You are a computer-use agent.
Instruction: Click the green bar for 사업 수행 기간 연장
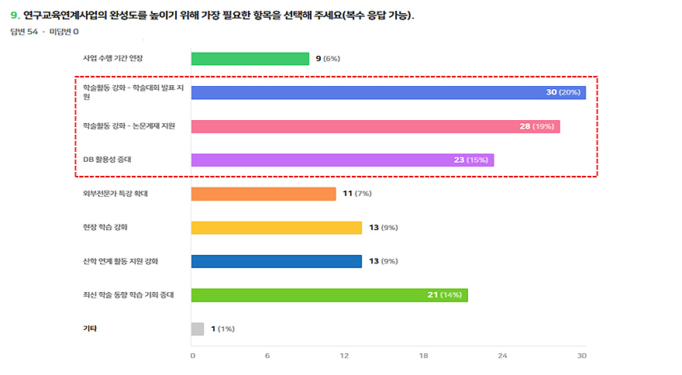tap(250, 59)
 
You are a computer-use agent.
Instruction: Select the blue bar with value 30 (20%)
tap(387, 92)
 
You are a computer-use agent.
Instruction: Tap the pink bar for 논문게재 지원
tap(375, 126)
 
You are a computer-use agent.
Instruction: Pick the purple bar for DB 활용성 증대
tap(342, 160)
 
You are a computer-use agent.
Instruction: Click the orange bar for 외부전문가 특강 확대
tap(263, 194)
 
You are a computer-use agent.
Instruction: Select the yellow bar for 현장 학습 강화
tap(276, 228)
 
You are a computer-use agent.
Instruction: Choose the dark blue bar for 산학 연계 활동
tap(276, 261)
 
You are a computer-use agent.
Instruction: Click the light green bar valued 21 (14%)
tap(329, 295)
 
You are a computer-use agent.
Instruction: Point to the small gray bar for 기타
tap(198, 329)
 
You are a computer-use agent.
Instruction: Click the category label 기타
tap(90, 329)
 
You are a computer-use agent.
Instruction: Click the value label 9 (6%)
tap(327, 59)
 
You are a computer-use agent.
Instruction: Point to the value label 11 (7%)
tap(358, 194)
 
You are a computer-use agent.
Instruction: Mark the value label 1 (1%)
tap(222, 329)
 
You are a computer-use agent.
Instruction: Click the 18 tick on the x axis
tap(423, 356)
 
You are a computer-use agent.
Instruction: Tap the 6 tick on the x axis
tap(267, 356)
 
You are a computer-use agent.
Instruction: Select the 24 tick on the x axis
tap(501, 356)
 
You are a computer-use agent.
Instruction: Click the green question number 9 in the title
tap(15, 15)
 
